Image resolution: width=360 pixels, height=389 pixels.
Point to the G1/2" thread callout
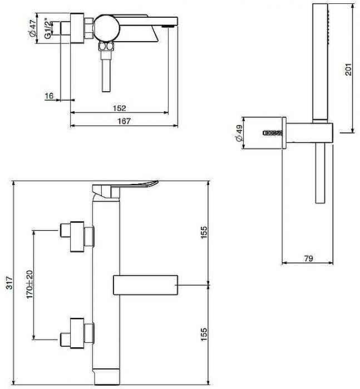click(48, 28)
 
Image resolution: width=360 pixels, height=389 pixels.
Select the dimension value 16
click(49, 96)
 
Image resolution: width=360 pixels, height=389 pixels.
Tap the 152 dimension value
click(119, 108)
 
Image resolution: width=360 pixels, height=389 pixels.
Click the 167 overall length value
click(124, 122)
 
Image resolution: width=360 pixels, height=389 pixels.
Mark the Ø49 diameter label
click(239, 134)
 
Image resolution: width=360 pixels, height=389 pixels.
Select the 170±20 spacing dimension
click(29, 284)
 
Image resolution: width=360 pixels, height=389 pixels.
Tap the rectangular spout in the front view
click(145, 285)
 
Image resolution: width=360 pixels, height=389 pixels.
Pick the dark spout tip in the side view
click(169, 24)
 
